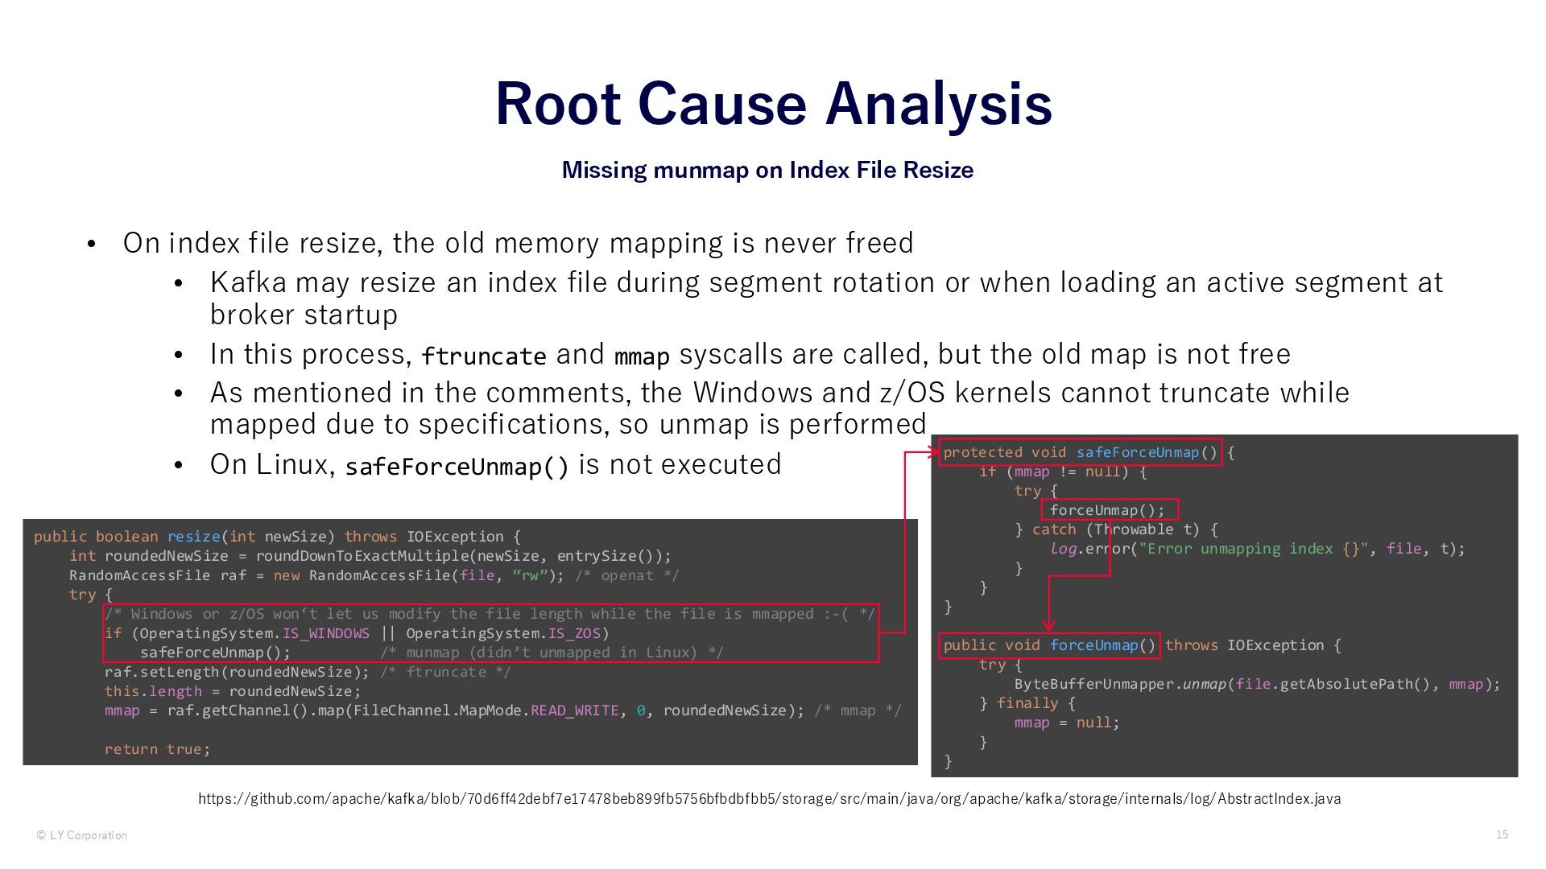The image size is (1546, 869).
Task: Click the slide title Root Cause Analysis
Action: tap(773, 104)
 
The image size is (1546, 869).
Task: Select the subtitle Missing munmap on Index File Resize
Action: tap(767, 170)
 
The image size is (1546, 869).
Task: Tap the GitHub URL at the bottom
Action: tap(769, 799)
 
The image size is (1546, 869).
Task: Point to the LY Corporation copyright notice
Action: tap(81, 835)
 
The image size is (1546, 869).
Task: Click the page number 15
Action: tap(1502, 834)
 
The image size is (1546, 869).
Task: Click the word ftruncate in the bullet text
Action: tap(483, 356)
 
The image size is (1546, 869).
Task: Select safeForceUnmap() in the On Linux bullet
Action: tap(457, 467)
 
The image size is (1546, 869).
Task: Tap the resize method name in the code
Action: tap(193, 537)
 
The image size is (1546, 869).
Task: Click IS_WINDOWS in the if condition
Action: tap(325, 633)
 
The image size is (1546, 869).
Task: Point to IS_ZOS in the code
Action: tap(574, 633)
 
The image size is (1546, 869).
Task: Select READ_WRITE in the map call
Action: tap(574, 710)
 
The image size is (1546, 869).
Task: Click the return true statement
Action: tap(156, 749)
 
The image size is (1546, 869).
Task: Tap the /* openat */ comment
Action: tap(626, 575)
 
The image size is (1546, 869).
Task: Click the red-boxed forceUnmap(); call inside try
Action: tap(1107, 510)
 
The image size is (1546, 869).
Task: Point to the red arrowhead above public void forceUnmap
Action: tap(1048, 624)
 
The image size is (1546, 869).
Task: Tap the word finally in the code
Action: tap(1027, 703)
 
